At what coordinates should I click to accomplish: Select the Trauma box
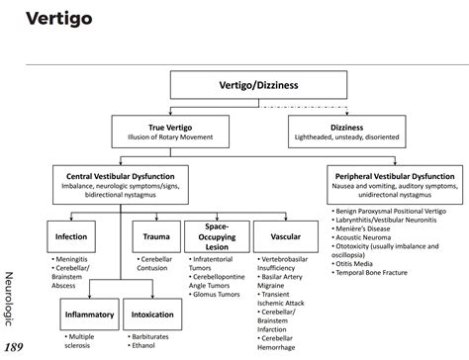[x=155, y=238]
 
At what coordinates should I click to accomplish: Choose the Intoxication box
[x=154, y=316]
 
